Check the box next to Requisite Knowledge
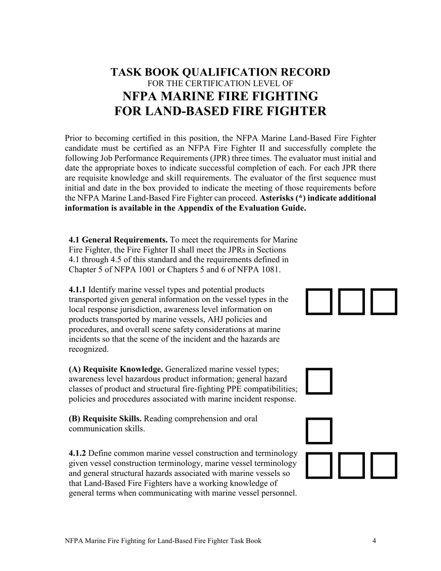pos(319,381)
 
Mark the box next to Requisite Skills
pos(319,431)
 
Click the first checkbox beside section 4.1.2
pos(319,465)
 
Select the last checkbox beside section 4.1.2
pos(384,465)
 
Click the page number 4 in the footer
pos(374,541)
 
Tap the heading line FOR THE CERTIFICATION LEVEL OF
pos(220,84)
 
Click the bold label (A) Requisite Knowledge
pos(116,370)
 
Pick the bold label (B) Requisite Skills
pos(105,419)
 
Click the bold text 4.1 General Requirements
pos(118,240)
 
